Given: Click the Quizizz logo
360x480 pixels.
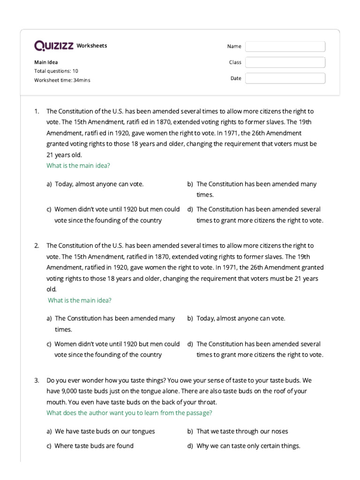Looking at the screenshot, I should click(53, 45).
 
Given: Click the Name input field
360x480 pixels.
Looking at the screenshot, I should click(285, 46).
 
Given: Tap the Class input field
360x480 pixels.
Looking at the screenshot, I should click(285, 62).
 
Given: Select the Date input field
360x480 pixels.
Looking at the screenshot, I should click(285, 78).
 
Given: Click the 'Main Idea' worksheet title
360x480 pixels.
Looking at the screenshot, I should click(46, 62).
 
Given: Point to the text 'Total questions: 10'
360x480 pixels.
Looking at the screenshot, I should click(56, 71).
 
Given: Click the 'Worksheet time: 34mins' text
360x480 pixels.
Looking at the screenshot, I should click(62, 80).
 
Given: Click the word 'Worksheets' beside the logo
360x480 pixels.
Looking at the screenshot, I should click(91, 45).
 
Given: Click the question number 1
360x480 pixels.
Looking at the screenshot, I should click(36, 111).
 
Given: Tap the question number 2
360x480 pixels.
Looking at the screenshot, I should click(36, 246).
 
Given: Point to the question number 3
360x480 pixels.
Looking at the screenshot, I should click(36, 380).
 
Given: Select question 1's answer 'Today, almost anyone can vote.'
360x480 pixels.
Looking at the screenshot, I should click(99, 184).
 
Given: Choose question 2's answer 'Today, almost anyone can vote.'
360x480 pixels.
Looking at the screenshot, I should click(240, 318).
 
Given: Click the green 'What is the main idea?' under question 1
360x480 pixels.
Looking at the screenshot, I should click(78, 165).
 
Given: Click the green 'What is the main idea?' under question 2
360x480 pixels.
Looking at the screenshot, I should click(80, 300).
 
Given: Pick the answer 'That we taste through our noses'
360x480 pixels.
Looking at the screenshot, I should click(242, 431).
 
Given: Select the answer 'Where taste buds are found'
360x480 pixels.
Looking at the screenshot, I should click(94, 446).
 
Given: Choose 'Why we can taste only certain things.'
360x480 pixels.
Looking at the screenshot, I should click(248, 446).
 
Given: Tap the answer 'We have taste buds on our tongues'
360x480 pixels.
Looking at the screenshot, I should click(105, 431).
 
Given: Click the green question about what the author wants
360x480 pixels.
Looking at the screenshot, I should click(129, 413).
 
